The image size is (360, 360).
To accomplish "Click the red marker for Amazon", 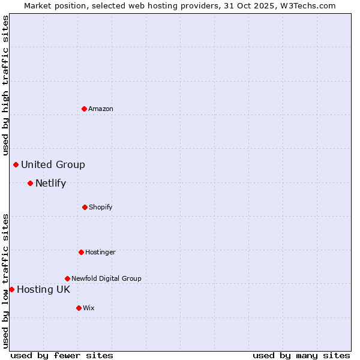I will (85, 109).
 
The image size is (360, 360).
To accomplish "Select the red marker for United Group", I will (16, 164).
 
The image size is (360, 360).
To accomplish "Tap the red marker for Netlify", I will (30, 183).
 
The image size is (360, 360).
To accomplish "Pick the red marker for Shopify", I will (85, 207).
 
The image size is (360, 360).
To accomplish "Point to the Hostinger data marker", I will (81, 252).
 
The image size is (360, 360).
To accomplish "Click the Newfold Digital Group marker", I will (67, 278).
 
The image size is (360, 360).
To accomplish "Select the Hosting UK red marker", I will (11, 289).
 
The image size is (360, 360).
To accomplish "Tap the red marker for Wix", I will (79, 308).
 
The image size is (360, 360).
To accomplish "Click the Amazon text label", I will (101, 109).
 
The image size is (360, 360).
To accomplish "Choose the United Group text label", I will (53, 164).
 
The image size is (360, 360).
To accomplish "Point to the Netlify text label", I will (50, 183).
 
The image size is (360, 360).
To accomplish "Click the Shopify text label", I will (101, 207).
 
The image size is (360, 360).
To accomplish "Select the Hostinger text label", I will (100, 252).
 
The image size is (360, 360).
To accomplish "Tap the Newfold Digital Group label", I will (106, 278).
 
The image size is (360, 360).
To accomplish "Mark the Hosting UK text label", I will (43, 289).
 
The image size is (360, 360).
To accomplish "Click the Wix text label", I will (89, 308).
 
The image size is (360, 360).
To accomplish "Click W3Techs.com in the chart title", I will (306, 5).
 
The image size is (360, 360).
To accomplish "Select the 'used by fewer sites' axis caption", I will (62, 355).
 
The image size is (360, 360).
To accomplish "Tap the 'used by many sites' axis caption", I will (301, 355).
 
